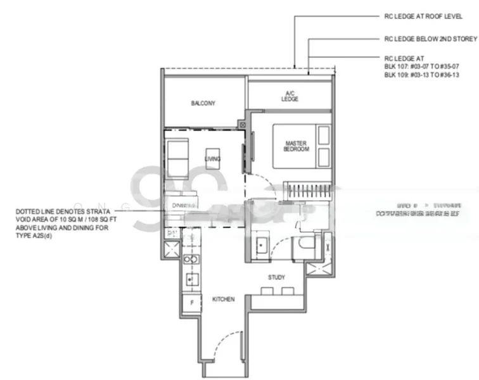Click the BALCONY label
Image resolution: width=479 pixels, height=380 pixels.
pos(203,103)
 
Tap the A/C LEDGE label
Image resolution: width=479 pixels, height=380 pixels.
pos(289,96)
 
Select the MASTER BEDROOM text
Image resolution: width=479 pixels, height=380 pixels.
pos(296,146)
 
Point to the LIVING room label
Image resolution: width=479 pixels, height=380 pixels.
pos(212,159)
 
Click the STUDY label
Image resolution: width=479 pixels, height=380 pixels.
pos(276,277)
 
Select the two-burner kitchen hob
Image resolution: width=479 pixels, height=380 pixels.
pos(188,259)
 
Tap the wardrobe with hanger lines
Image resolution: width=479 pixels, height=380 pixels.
pos(308,189)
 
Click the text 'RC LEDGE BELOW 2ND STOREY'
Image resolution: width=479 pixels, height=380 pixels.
pos(430,38)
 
